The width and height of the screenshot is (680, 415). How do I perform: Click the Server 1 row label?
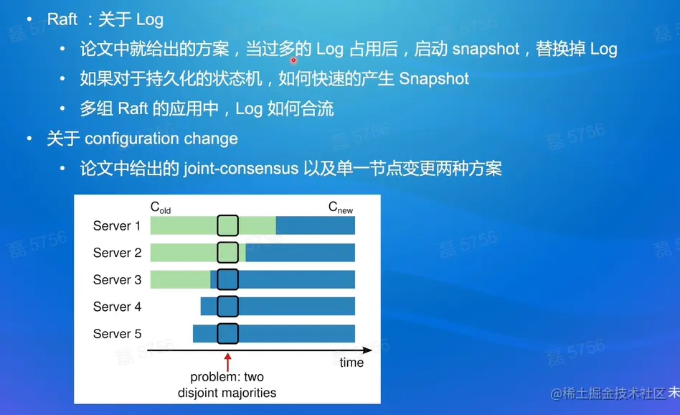pos(117,225)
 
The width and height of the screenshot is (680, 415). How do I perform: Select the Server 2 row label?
pos(117,253)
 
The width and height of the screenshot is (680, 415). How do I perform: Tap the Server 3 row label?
pos(117,279)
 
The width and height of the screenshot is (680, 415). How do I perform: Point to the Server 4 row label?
pos(117,307)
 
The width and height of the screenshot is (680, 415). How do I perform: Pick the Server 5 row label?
pos(117,333)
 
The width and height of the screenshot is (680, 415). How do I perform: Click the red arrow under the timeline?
pos(227,362)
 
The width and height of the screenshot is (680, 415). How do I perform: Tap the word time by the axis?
pos(351,363)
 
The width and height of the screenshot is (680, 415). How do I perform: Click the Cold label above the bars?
pos(161,207)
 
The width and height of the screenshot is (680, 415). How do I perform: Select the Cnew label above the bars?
pos(341,207)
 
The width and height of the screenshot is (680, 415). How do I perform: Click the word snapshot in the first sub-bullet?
pos(486,49)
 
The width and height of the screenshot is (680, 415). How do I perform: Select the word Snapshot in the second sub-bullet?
pos(434,78)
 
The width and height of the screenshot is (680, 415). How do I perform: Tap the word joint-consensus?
pos(241,169)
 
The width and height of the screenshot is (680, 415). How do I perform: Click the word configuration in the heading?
pos(132,139)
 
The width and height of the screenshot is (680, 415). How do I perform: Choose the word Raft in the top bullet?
pos(62,19)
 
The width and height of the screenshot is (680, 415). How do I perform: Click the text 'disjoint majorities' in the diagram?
pos(227,393)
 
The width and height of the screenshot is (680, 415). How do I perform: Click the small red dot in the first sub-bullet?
pos(293,60)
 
